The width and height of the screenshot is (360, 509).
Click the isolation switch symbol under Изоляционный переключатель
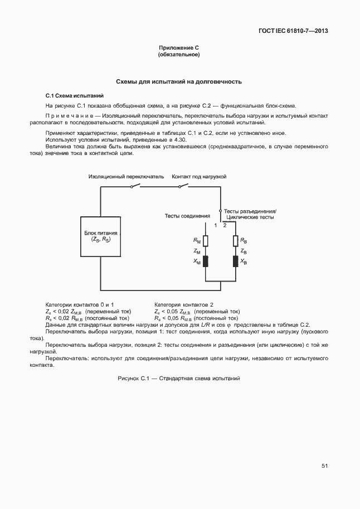click(134, 186)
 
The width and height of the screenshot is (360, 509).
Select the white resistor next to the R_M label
click(206, 240)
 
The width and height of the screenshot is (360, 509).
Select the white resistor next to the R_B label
click(236, 240)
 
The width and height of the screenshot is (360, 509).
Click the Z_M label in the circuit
click(197, 251)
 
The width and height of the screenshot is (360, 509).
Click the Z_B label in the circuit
click(244, 251)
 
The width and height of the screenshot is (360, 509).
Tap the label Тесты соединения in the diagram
click(187, 215)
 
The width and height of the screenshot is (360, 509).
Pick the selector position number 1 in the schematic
click(215, 225)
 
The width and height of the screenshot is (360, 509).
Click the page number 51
click(324, 466)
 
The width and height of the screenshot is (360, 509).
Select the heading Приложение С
click(179, 49)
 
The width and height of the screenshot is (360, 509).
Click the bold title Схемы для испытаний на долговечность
click(179, 81)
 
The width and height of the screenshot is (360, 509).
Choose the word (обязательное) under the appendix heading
click(179, 55)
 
